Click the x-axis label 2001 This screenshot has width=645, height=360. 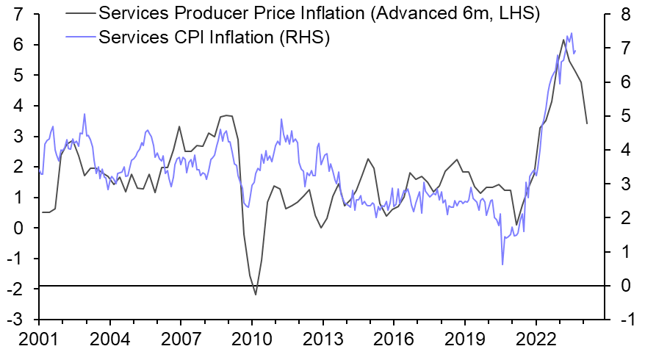click(37, 341)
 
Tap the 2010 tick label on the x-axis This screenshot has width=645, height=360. click(252, 341)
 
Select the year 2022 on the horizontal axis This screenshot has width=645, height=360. click(536, 341)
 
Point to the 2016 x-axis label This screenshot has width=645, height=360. click(394, 341)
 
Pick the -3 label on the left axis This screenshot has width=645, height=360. click(13, 320)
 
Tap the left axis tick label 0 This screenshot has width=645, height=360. click(16, 228)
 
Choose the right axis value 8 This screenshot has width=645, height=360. click(624, 14)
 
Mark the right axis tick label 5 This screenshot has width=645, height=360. click(624, 116)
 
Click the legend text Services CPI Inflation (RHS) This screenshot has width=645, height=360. click(213, 37)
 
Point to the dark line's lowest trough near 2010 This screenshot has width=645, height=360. click(256, 295)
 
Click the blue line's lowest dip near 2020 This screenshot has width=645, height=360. click(503, 264)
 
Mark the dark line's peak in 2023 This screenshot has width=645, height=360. click(563, 40)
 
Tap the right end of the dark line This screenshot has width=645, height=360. click(586, 123)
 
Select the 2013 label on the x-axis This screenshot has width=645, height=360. click(323, 341)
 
